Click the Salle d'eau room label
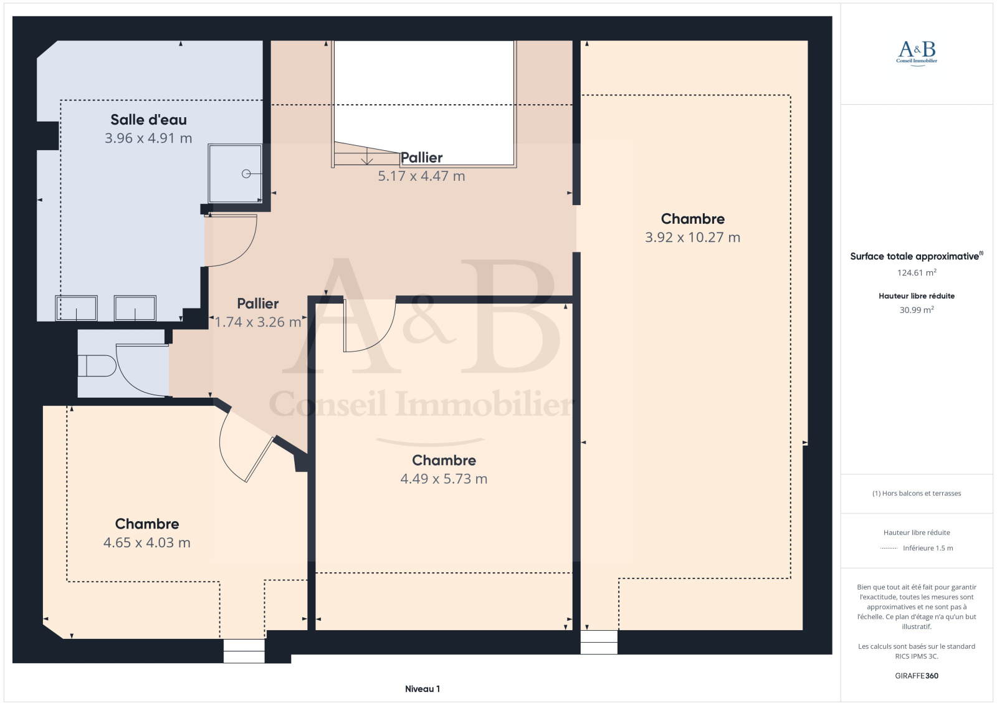click(148, 120)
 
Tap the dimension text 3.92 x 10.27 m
click(692, 237)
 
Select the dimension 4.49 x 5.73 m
click(444, 479)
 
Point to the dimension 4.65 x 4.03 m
click(147, 542)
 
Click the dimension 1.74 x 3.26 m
click(258, 322)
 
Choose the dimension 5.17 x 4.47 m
click(421, 176)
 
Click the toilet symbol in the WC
click(97, 366)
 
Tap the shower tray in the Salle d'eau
click(235, 173)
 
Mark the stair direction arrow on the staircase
click(367, 156)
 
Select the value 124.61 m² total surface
click(917, 272)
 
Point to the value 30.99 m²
click(917, 310)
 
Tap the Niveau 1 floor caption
click(422, 689)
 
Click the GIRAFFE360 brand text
click(917, 676)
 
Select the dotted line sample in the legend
click(889, 549)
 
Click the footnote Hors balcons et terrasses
click(917, 493)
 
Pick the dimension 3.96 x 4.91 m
click(148, 138)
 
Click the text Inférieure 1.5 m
click(928, 548)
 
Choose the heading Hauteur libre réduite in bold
click(917, 295)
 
